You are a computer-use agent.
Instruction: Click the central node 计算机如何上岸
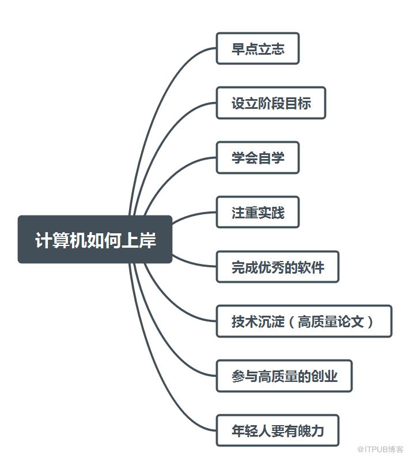(95, 240)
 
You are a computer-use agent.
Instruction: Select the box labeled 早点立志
(257, 48)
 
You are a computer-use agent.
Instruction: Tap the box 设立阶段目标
(271, 103)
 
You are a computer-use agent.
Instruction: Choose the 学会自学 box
(257, 157)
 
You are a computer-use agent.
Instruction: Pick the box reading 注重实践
(257, 213)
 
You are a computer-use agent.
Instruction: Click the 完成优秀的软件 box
(277, 267)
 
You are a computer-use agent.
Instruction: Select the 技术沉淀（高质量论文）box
(304, 321)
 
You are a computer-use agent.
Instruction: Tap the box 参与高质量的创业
(284, 376)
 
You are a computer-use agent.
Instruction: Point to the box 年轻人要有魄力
(277, 430)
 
